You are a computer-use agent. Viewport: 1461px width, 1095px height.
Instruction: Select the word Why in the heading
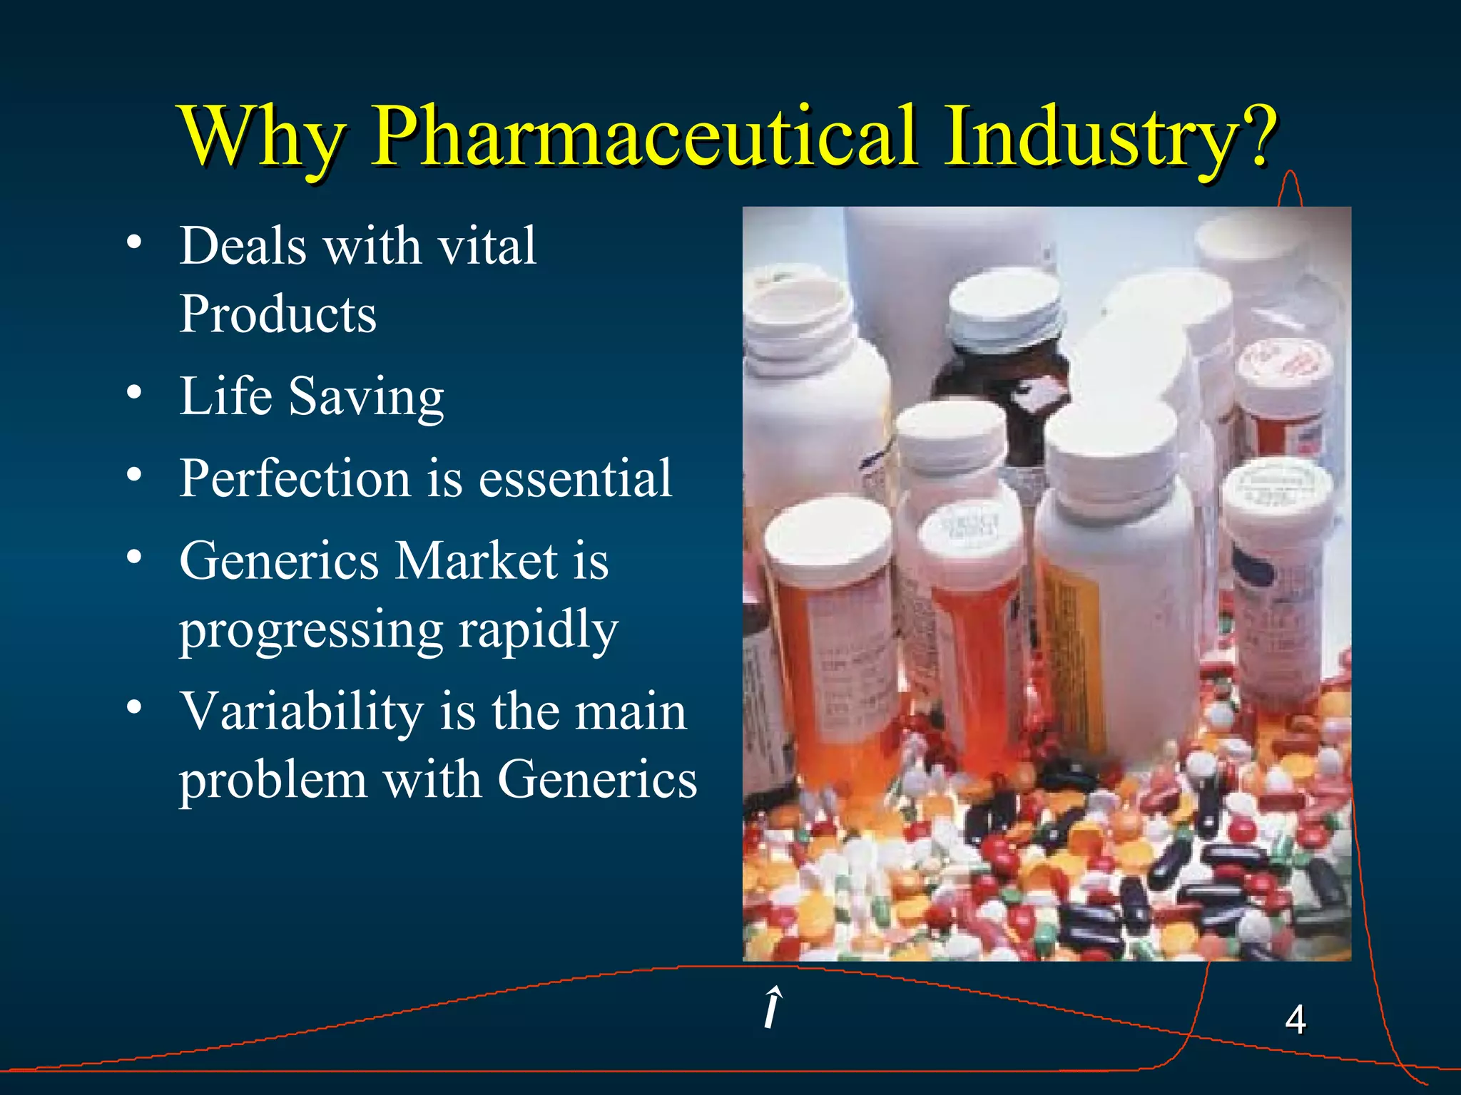263,137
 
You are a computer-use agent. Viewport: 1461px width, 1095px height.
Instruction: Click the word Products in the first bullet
278,314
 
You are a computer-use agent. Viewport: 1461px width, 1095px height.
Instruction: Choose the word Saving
366,397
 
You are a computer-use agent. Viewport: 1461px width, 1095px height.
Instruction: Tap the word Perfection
295,478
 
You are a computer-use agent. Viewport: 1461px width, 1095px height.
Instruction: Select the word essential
575,478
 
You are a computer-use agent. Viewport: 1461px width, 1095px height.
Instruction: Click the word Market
476,560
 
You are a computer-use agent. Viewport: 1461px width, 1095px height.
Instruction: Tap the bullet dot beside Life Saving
134,393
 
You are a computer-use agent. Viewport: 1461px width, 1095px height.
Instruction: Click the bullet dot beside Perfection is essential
134,474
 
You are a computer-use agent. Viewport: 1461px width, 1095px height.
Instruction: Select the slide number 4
1295,1019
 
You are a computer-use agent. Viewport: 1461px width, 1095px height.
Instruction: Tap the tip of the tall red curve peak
1290,173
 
